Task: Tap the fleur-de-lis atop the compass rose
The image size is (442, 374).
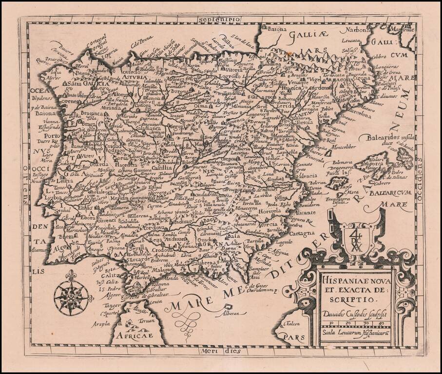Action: (71, 276)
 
